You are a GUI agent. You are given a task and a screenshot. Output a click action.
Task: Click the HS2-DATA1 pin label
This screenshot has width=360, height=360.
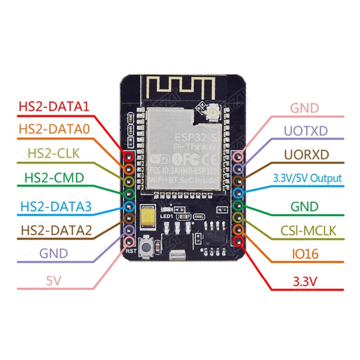point(54,107)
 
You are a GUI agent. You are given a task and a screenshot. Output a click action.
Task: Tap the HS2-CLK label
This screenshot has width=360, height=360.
point(54,153)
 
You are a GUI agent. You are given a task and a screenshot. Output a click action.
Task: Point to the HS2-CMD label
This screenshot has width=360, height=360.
point(53,178)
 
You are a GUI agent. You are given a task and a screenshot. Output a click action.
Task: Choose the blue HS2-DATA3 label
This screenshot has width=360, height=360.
point(55,207)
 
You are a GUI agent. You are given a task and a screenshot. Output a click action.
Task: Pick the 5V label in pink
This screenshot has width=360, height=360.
point(54,280)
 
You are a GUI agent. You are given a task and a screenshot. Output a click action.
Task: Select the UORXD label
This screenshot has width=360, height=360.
point(306,154)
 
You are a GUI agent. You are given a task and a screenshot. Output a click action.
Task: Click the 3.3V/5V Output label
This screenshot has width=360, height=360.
point(307,178)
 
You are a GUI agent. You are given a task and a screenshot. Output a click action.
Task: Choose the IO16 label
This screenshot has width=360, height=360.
point(305,255)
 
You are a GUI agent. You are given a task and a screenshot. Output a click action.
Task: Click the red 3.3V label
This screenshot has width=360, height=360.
point(305,282)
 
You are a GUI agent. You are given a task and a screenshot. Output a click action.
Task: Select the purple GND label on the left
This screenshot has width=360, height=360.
point(54,253)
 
